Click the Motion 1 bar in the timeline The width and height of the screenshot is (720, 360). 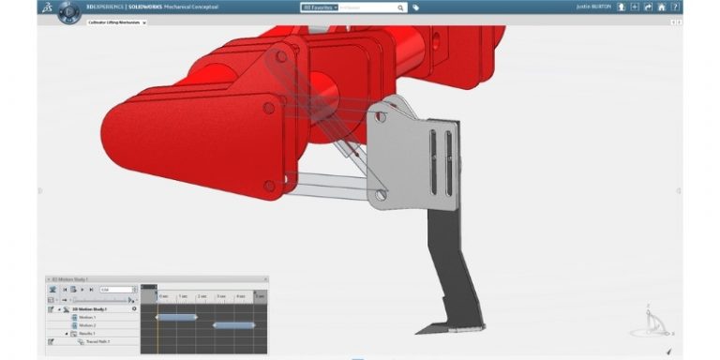[x=176, y=317]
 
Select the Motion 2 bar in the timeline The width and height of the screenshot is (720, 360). [x=233, y=325]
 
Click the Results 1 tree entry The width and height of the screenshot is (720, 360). [x=89, y=333]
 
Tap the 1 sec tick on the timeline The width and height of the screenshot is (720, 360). [x=183, y=296]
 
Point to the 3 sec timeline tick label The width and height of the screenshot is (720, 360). [x=221, y=296]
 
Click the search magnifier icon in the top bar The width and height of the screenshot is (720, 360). [x=400, y=7]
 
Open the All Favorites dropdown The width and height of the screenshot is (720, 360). [x=320, y=7]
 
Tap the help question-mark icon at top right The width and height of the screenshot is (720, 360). [x=675, y=7]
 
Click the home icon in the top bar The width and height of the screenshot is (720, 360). [x=662, y=7]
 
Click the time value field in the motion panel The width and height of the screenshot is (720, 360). [x=115, y=290]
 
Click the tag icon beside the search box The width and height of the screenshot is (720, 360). [x=415, y=7]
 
